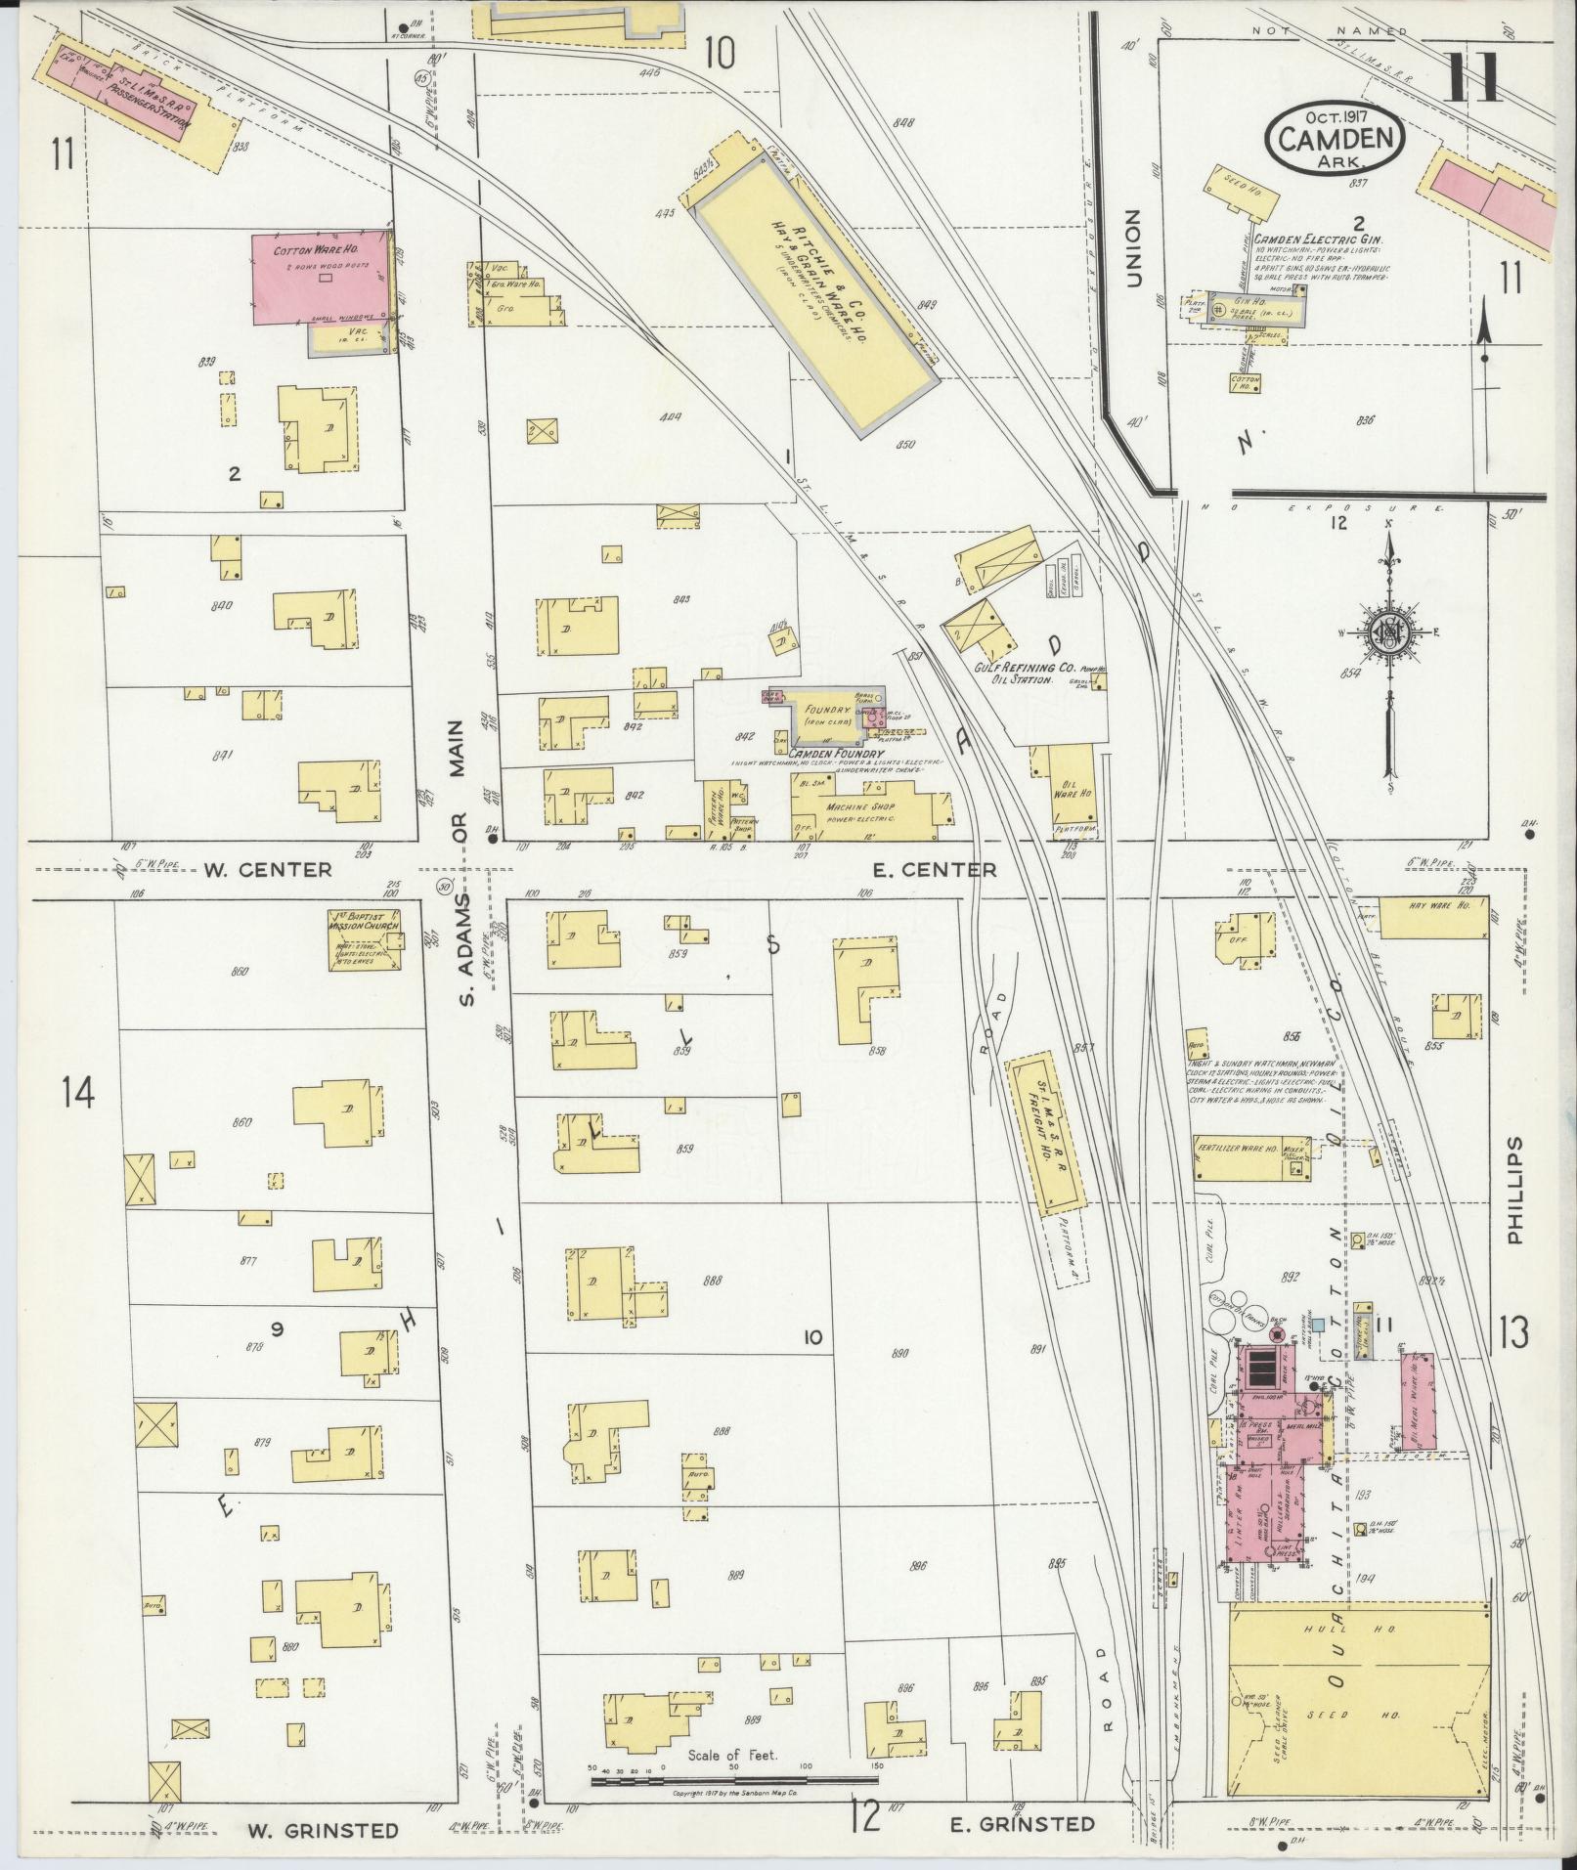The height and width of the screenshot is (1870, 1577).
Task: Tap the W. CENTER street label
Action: click(270, 869)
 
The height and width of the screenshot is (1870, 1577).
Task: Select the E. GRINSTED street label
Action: click(1022, 1823)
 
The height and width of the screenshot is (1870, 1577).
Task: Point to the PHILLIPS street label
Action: click(1515, 1190)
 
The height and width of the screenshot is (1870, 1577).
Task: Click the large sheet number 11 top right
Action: click(1472, 78)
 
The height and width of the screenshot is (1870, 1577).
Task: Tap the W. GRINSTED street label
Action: click(323, 1830)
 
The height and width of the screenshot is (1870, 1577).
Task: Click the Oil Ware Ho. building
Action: click(1071, 789)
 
